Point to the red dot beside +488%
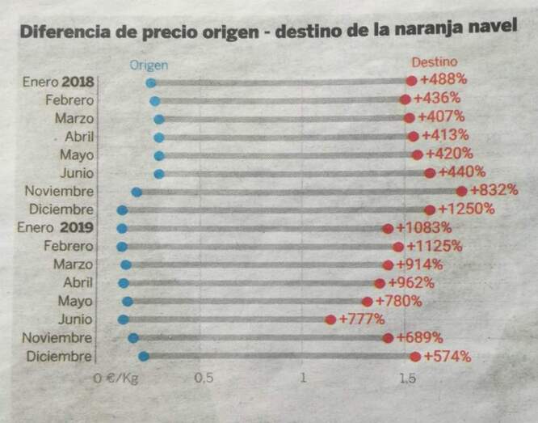(x=411, y=81)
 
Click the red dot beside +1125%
(x=398, y=247)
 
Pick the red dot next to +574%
(x=415, y=357)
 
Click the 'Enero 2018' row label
(x=58, y=82)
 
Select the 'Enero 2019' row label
(x=56, y=228)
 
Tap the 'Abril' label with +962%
(x=78, y=283)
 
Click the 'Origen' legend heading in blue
(x=149, y=65)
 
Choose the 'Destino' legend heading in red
(x=434, y=62)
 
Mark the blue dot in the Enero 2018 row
(x=151, y=82)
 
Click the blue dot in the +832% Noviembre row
(x=137, y=192)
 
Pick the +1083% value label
(x=424, y=228)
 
